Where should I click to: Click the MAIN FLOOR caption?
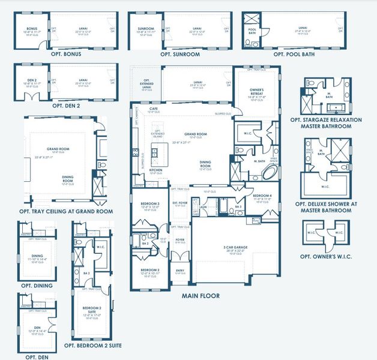[x=201, y=296]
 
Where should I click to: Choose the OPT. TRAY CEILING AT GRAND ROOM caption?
[x=66, y=211]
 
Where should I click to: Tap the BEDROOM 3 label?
[x=149, y=204]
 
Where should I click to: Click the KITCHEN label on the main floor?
[x=155, y=170]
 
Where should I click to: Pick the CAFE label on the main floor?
[x=154, y=109]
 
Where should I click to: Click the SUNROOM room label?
[x=146, y=28]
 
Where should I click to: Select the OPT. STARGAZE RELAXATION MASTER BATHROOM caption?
[x=333, y=123]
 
